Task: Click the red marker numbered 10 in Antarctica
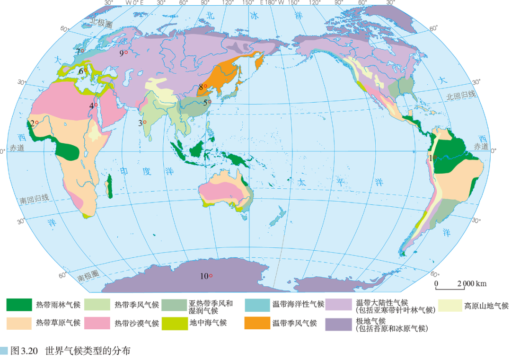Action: pyautogui.click(x=211, y=276)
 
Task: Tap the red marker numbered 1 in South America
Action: pyautogui.click(x=435, y=158)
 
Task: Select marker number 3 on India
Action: pyautogui.click(x=145, y=122)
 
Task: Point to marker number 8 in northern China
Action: pyautogui.click(x=205, y=86)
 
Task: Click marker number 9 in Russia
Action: pyautogui.click(x=126, y=53)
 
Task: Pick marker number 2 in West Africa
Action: pyautogui.click(x=37, y=123)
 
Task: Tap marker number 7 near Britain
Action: pyautogui.click(x=82, y=51)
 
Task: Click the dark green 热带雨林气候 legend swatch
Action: pyautogui.click(x=19, y=305)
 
